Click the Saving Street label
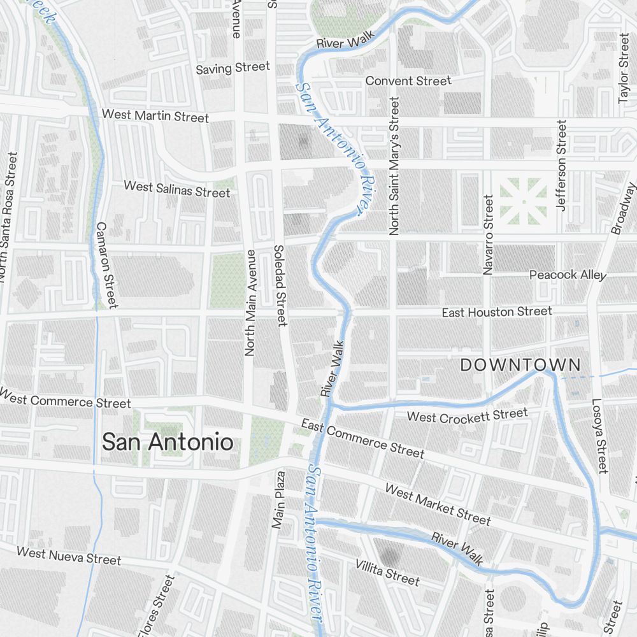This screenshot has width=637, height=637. point(233,68)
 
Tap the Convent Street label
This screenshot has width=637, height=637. point(408,81)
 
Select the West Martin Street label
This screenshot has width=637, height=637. point(155,116)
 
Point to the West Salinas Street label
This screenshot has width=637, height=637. point(176,189)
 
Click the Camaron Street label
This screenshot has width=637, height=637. point(106,264)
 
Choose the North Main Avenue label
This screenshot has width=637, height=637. point(250,303)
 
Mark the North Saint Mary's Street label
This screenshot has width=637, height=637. point(394,167)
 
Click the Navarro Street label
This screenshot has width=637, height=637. point(488,235)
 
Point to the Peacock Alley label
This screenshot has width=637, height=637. point(568,275)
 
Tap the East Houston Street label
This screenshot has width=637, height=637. point(497,312)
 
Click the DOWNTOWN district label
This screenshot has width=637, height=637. point(520,365)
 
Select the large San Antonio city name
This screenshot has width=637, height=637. point(168,442)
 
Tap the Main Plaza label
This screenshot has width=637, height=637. point(278,500)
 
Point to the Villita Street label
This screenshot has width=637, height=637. point(387,571)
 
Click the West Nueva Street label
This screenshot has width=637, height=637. point(68,555)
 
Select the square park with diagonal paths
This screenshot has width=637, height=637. point(523,201)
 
